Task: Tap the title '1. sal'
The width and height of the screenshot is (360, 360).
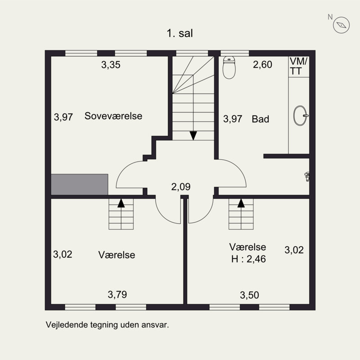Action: click(180, 33)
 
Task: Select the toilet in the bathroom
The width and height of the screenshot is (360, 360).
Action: click(229, 67)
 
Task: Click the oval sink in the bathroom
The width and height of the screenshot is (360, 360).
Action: click(300, 116)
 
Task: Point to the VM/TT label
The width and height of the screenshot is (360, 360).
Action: click(298, 66)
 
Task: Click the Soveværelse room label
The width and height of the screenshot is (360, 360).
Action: click(113, 116)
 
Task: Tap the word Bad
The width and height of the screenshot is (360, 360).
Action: click(261, 119)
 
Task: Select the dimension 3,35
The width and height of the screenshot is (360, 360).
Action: click(110, 65)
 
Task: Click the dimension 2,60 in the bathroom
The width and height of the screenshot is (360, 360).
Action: click(262, 65)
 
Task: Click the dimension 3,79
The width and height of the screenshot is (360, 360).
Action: click(117, 295)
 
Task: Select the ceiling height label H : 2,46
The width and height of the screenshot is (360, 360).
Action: click(247, 259)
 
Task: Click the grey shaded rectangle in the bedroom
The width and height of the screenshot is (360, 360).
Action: click(79, 184)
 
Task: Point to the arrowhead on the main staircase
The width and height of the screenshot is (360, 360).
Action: click(193, 135)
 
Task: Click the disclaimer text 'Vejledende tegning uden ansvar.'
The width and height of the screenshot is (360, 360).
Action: click(107, 324)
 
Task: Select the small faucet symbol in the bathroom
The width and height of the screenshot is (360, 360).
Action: click(307, 176)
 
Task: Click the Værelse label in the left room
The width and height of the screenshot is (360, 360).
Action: click(117, 255)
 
